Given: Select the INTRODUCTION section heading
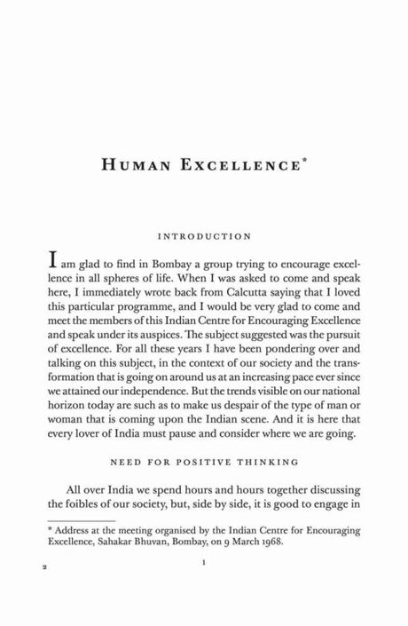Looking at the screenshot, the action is click(203, 237).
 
